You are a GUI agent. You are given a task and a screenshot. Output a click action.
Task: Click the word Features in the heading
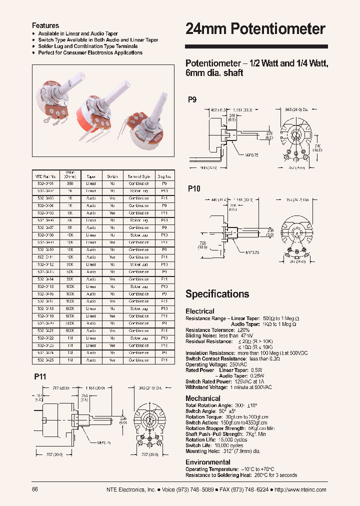pyautogui.click(x=45, y=25)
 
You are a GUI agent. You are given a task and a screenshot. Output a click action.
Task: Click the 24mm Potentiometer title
pyautogui.click(x=255, y=29)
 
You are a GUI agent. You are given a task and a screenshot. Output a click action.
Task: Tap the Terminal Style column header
pyautogui.click(x=138, y=176)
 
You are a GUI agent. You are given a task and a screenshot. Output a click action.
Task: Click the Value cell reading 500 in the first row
pyautogui.click(x=70, y=183)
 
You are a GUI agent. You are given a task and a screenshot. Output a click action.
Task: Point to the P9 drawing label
pyautogui.click(x=192, y=99)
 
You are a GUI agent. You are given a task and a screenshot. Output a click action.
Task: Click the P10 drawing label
pyautogui.click(x=194, y=188)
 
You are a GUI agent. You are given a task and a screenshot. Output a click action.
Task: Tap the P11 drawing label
pyautogui.click(x=40, y=376)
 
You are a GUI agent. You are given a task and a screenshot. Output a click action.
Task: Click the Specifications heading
pyautogui.click(x=217, y=294)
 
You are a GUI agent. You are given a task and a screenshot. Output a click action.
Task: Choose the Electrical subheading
pyautogui.click(x=199, y=311)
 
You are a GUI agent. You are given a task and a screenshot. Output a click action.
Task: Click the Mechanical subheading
pyautogui.click(x=202, y=398)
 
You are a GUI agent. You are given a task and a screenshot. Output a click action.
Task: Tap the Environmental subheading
pyautogui.click(x=207, y=462)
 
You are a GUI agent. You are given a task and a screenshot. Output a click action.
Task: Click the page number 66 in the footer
pyautogui.click(x=35, y=489)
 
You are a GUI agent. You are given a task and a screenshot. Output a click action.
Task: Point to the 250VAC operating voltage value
pyautogui.click(x=237, y=364)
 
